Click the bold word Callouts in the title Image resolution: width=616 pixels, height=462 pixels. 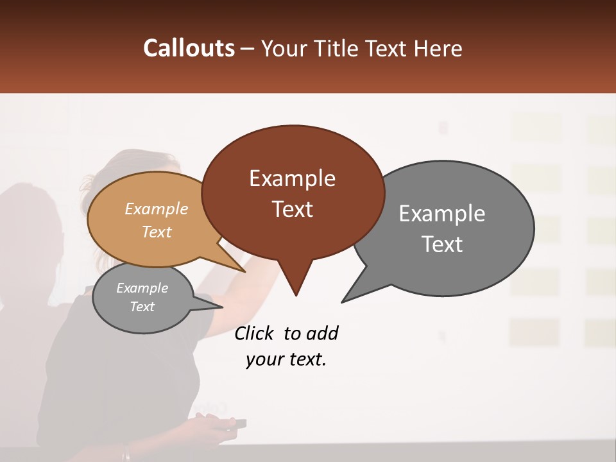click(189, 48)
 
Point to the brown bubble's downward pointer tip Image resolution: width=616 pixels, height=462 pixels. click(296, 295)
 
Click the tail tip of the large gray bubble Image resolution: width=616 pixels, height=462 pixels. click(343, 302)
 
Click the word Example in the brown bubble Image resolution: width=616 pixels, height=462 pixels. click(292, 178)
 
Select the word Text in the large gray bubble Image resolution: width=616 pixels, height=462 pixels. click(442, 244)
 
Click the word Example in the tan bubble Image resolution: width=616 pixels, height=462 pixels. click(157, 209)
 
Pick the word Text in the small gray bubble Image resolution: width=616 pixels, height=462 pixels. click(142, 307)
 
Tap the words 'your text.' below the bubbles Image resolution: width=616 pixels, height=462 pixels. click(286, 360)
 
